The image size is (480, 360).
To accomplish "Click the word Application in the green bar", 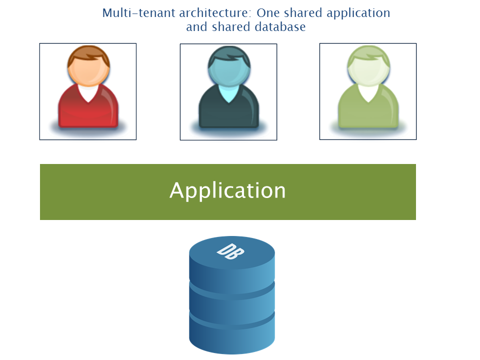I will tap(227, 190).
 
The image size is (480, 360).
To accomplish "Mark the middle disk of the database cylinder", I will tap(232, 297).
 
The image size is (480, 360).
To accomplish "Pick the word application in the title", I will tap(358, 13).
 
